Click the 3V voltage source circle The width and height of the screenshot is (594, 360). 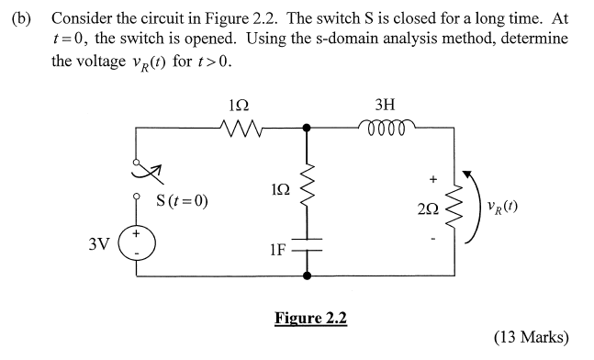(x=140, y=245)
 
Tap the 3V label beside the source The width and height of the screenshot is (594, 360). (x=99, y=245)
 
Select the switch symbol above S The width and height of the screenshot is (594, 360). (x=143, y=170)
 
